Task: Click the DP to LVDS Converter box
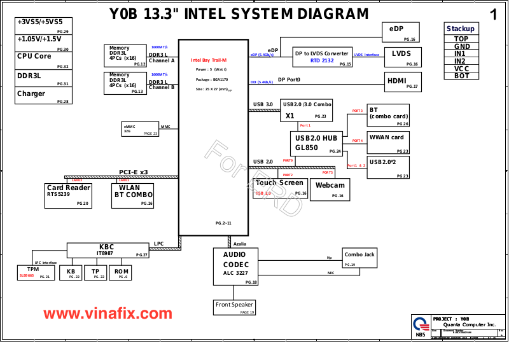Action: pos(323,57)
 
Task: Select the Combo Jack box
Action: pos(359,258)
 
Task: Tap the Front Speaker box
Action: pos(234,307)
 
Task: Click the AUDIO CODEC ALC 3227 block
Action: pos(235,267)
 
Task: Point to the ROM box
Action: pos(121,272)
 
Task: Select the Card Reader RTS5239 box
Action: pos(68,195)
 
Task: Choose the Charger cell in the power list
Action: pos(43,95)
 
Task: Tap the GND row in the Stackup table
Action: pos(462,46)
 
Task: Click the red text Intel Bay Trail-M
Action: pos(209,60)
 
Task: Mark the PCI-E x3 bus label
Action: pos(133,172)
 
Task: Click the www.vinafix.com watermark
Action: pos(108,314)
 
